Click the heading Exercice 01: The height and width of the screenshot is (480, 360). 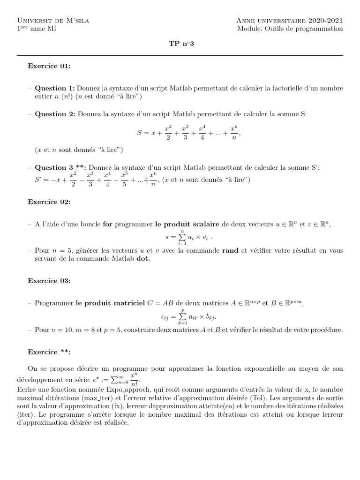(49, 67)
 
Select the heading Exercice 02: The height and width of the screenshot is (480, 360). (49, 202)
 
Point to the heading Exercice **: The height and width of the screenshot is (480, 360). (49, 351)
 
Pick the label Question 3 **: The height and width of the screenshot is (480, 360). (60, 167)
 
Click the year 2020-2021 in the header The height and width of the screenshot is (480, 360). (325, 21)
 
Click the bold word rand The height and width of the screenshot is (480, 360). (230, 251)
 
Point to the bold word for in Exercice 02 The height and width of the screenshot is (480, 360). (108, 224)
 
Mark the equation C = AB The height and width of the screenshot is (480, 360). (161, 303)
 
